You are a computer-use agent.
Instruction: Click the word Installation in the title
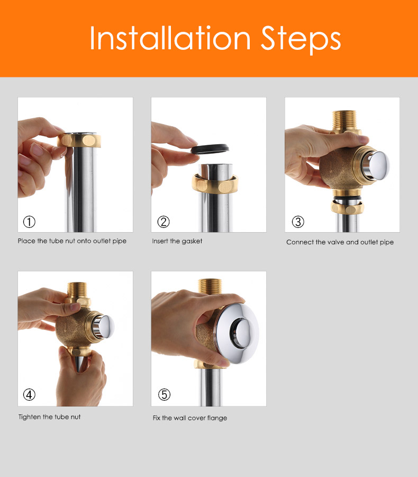[x=170, y=38]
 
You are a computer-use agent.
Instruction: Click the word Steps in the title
[x=301, y=40]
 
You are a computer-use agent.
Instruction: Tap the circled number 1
[x=29, y=222]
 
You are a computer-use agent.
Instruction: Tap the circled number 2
[x=163, y=222]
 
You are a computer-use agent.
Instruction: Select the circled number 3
[x=298, y=222]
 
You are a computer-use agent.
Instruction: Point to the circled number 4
[x=29, y=394]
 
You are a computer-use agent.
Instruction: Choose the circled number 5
[x=164, y=394]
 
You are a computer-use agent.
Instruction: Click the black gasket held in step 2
[x=210, y=149]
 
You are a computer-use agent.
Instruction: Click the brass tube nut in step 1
[x=79, y=140]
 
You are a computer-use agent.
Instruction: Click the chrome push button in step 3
[x=378, y=164]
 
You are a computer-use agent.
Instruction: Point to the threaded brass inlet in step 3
[x=344, y=120]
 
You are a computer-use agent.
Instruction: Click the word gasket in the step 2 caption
[x=190, y=241]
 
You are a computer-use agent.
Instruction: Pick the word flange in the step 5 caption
[x=217, y=418]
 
